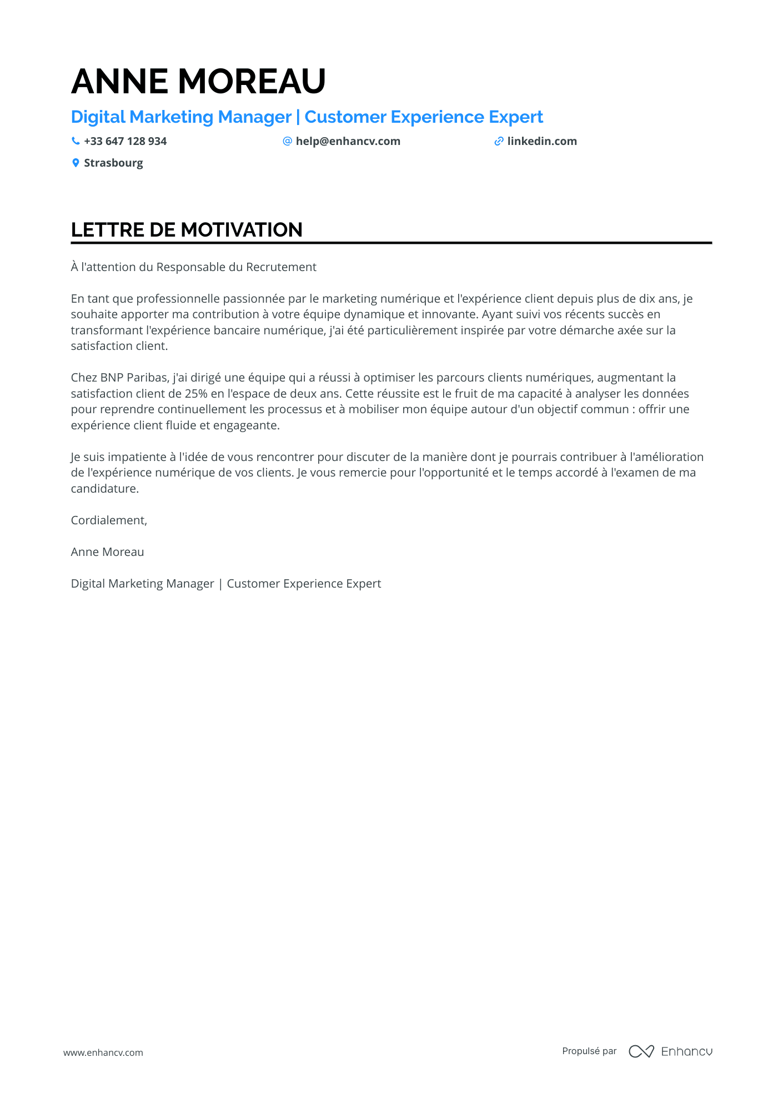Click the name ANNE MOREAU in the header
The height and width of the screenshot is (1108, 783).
(x=198, y=81)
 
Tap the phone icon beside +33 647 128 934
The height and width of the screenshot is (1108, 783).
(x=76, y=141)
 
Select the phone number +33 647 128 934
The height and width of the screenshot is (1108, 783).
(x=125, y=141)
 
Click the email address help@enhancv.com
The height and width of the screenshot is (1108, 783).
(x=348, y=141)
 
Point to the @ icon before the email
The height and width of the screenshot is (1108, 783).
(x=287, y=141)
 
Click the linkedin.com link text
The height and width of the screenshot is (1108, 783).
(x=541, y=141)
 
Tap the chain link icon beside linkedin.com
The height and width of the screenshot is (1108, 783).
(x=499, y=141)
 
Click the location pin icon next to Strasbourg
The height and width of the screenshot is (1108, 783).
(x=76, y=163)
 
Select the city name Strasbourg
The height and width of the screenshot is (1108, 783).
(x=113, y=163)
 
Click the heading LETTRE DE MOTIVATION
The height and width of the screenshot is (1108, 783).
(x=187, y=229)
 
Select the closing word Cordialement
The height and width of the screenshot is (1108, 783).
(x=108, y=520)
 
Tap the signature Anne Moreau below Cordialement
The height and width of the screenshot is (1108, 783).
(x=107, y=552)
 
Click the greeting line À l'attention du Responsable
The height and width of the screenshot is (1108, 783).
(x=193, y=267)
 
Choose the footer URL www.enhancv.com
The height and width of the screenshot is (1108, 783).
(x=103, y=1052)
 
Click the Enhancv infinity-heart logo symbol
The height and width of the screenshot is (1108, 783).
(x=641, y=1051)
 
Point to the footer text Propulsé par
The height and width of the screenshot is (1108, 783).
(x=589, y=1051)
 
